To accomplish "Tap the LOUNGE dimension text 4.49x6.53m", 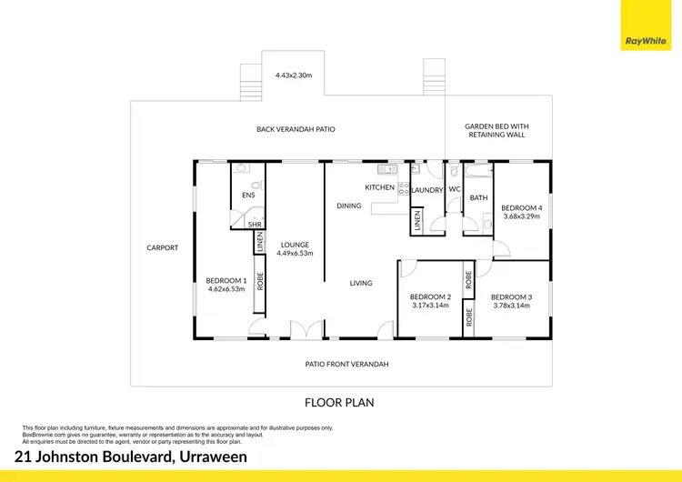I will pos(296,254).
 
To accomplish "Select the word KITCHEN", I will pos(380,187).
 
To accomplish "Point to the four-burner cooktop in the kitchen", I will pos(404,189).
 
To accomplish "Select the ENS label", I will pos(248,196).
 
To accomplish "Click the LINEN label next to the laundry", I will pos(417,219).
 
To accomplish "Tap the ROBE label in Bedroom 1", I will pos(260,281).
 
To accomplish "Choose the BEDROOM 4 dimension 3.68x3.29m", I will pos(521,216).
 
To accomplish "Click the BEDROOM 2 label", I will pos(430,296).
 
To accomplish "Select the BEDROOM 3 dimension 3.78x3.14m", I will pos(511,306).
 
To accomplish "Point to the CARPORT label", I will pos(163,247).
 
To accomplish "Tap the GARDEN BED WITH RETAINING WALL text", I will pos(496,130).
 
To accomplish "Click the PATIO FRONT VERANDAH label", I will pos(346,364).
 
